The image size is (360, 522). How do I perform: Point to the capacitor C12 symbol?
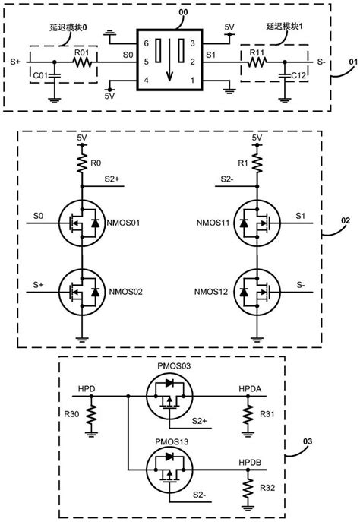point(284,76)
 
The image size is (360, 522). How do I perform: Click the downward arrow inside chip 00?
point(168,58)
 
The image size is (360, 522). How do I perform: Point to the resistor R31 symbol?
point(246,416)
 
